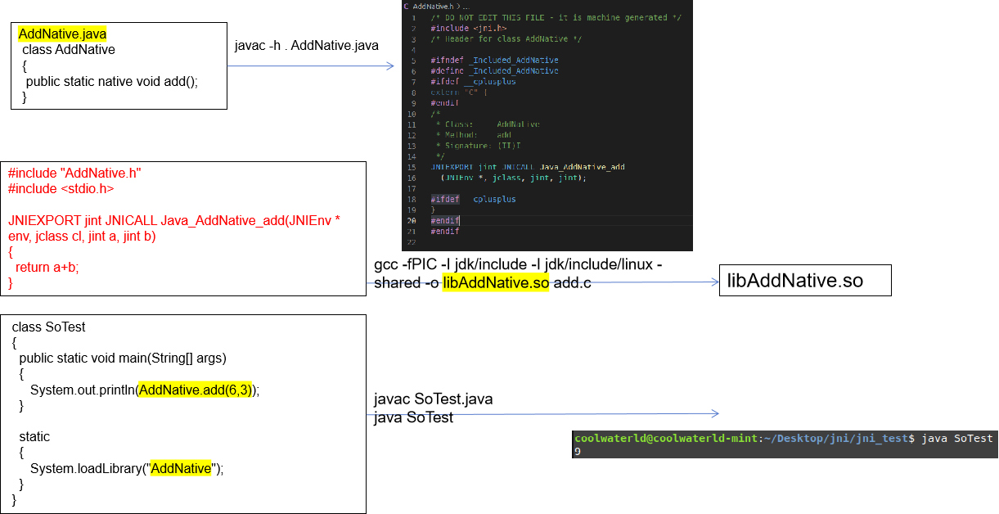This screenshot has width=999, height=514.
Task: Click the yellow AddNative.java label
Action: click(x=62, y=34)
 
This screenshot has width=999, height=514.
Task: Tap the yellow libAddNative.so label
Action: click(x=496, y=283)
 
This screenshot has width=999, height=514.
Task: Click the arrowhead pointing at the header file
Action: click(x=390, y=66)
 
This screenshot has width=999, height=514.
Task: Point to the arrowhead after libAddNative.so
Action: click(x=714, y=282)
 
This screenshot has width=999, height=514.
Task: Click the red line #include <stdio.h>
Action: click(x=61, y=189)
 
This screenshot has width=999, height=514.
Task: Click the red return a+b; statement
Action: click(x=47, y=268)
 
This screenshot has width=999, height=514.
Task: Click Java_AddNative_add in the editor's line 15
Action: click(x=582, y=167)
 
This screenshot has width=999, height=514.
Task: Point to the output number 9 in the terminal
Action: click(x=578, y=452)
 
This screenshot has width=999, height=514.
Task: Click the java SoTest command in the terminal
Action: click(x=956, y=439)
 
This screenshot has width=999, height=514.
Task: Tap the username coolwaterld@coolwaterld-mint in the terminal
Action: click(x=665, y=439)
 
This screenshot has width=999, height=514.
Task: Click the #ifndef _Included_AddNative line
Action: click(x=494, y=61)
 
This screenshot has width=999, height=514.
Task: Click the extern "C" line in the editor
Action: click(x=459, y=92)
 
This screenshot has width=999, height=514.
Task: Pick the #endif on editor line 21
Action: click(x=444, y=232)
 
